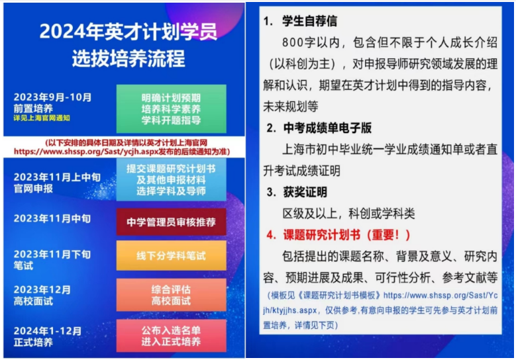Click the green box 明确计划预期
pyautogui.click(x=171, y=109)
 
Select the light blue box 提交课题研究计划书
pyautogui.click(x=171, y=179)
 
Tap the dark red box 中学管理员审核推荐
pyautogui.click(x=171, y=221)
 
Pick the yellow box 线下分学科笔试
pyautogui.click(x=171, y=255)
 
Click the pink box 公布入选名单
pyautogui.click(x=171, y=336)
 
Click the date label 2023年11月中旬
pyautogui.click(x=52, y=218)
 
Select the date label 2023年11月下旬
pyautogui.click(x=52, y=254)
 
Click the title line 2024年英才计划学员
pyautogui.click(x=128, y=31)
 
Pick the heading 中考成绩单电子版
pyautogui.click(x=327, y=127)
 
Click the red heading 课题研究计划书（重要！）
pyautogui.click(x=347, y=235)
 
